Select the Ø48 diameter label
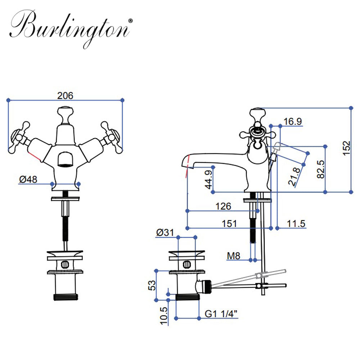point(28,179)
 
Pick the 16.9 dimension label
point(292,121)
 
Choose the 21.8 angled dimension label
point(295,176)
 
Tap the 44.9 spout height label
point(208,179)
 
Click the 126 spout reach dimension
point(223,206)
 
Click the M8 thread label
point(234,256)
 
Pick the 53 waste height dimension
point(152,285)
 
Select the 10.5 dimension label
point(164,315)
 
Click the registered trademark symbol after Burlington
point(130,21)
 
